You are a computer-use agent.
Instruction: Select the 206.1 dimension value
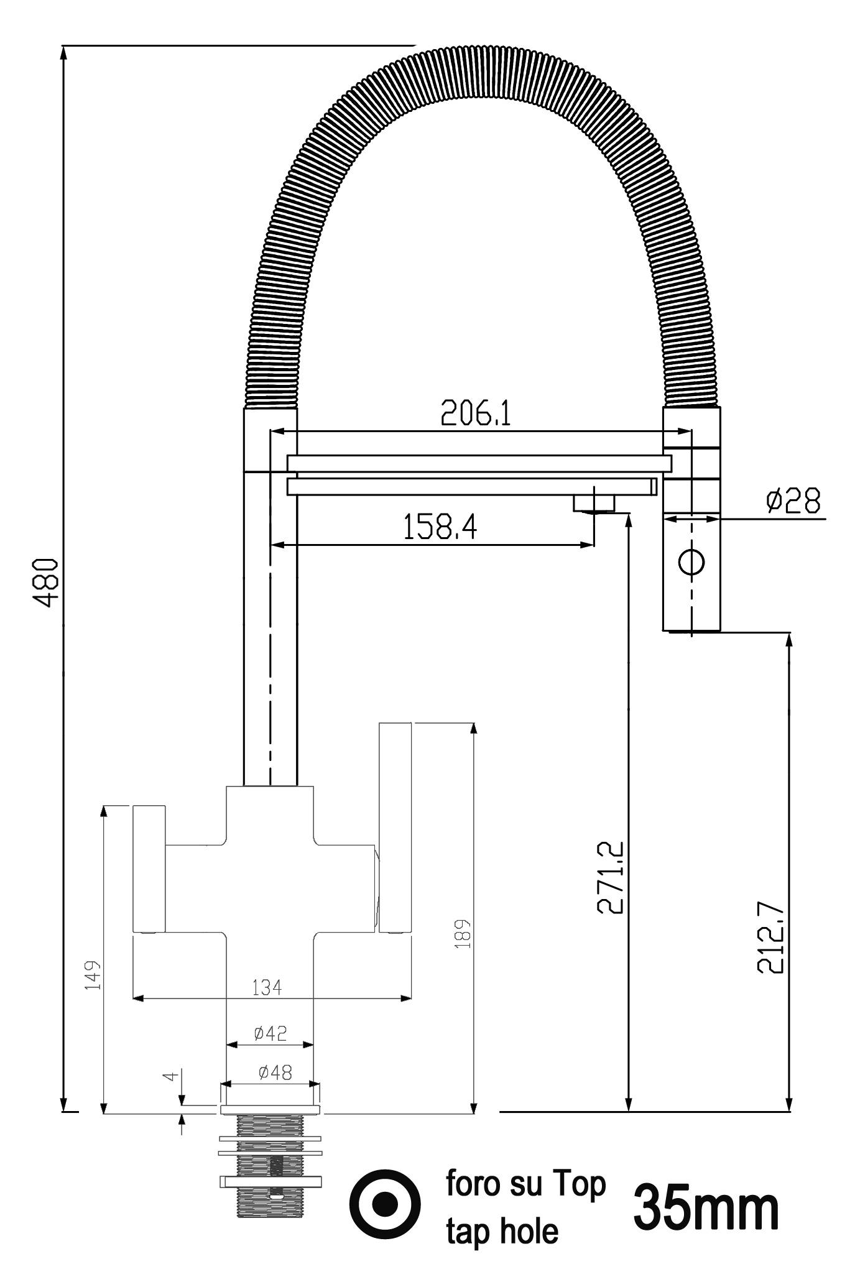point(476,413)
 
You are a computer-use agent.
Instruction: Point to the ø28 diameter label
point(793,500)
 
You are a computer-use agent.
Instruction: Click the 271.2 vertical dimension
point(611,877)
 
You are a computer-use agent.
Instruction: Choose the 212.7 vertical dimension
point(771,937)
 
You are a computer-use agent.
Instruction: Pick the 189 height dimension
point(463,933)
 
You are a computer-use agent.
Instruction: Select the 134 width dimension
point(267,987)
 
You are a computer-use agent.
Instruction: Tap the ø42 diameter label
point(270,1033)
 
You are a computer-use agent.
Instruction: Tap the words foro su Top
point(525,1184)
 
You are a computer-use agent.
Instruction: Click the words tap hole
point(502,1231)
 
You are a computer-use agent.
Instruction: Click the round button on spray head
point(691,562)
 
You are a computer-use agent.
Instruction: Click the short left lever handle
point(149,869)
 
